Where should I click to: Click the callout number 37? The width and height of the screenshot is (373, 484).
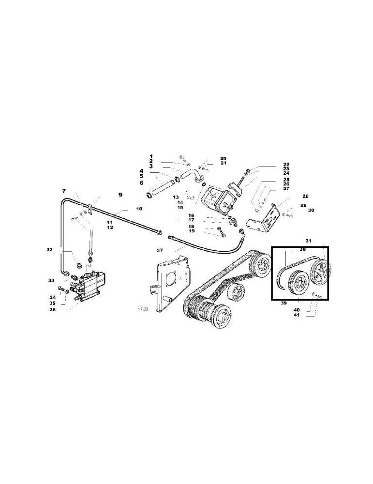[x=159, y=250]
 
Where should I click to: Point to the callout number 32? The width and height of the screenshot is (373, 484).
[x=49, y=250]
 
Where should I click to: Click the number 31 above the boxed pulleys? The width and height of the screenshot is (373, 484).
[x=309, y=241]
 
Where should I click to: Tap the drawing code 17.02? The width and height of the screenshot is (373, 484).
[x=143, y=308]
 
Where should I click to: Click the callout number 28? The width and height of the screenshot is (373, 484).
[x=305, y=196]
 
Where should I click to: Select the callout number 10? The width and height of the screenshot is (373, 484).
[x=126, y=209]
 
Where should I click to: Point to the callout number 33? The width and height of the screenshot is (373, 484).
[x=51, y=280]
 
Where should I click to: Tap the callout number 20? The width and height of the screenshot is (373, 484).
[x=223, y=158]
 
